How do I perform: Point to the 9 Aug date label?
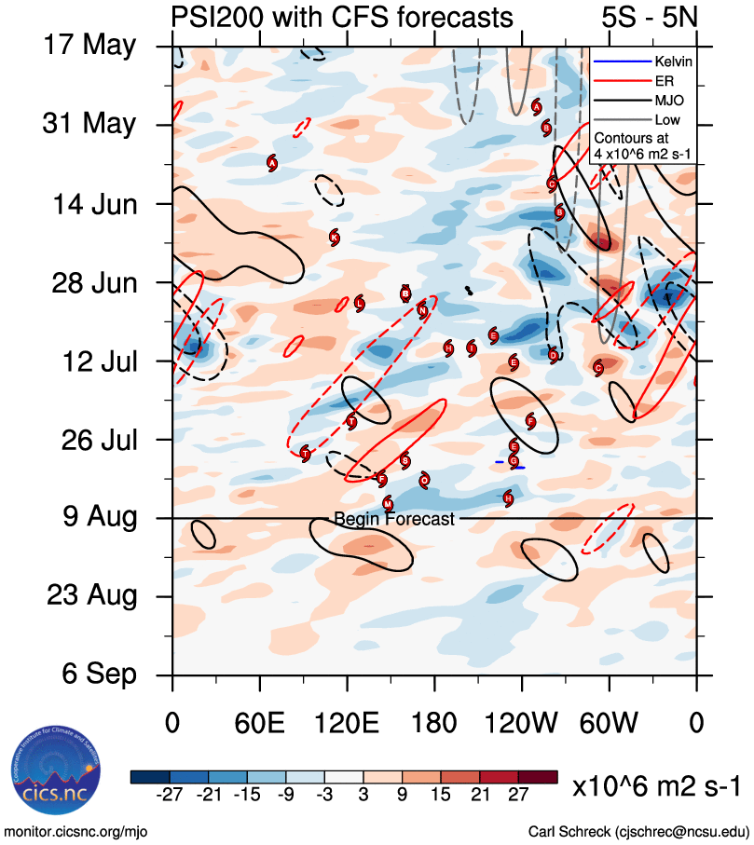point(89,517)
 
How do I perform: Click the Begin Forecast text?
point(394,519)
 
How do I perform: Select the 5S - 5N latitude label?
point(651,17)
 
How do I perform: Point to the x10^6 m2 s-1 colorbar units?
point(655,787)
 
